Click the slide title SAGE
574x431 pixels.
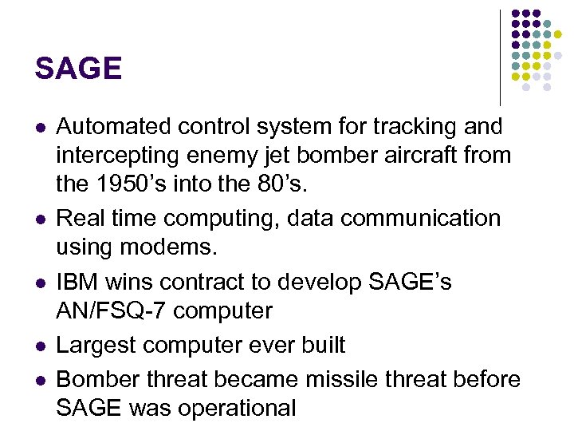[78, 69]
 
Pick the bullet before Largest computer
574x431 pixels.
[39, 346]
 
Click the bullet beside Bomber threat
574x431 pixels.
[39, 379]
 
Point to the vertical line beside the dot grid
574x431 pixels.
[501, 56]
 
